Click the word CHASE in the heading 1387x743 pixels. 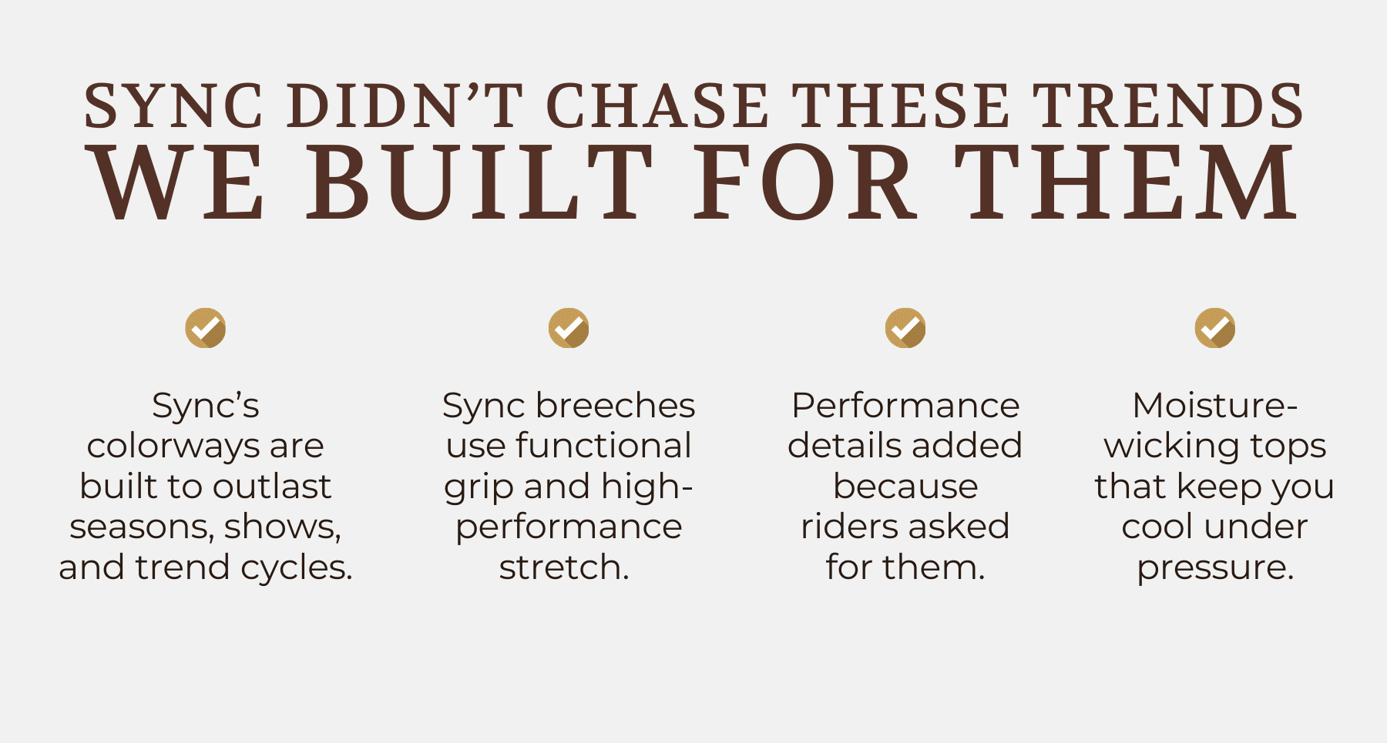(657, 105)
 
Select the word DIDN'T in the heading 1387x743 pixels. (405, 105)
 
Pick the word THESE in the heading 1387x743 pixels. (902, 105)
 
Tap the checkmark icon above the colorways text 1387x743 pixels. (206, 328)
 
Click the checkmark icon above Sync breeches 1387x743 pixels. (569, 328)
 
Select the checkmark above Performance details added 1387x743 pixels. (905, 328)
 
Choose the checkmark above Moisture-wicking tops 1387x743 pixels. (1215, 328)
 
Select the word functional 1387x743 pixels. (603, 446)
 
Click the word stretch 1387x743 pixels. (564, 568)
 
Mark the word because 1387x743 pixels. (905, 487)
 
